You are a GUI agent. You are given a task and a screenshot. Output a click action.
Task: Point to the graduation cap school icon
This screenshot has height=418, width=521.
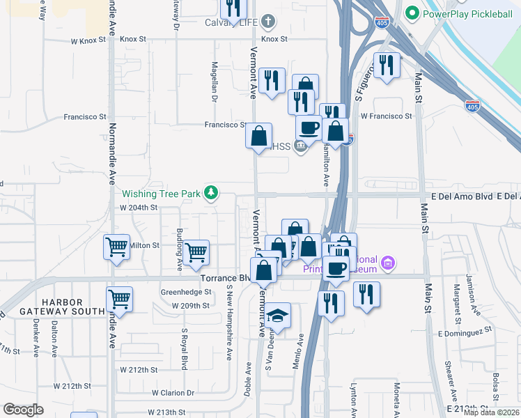click(278, 317)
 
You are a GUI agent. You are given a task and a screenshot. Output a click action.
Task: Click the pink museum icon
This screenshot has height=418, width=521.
click(388, 263)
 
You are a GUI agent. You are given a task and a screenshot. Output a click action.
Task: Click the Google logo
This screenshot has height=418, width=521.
click(23, 410)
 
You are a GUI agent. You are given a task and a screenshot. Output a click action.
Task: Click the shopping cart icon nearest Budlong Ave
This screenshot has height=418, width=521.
click(197, 251)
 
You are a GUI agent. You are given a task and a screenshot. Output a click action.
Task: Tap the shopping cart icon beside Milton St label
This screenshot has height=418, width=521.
click(116, 246)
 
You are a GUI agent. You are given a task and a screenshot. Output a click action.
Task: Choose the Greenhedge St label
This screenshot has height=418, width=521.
click(185, 292)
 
